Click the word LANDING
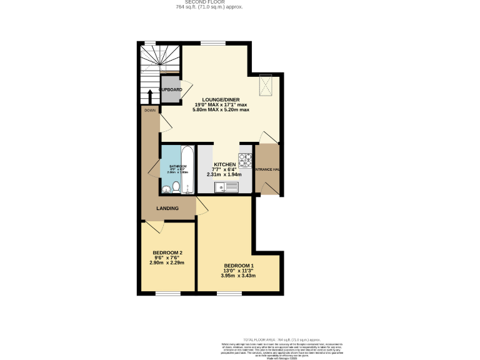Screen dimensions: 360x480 pyautogui.click(x=167, y=208)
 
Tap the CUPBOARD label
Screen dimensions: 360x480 pyautogui.click(x=171, y=90)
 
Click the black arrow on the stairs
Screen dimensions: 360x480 pyautogui.click(x=150, y=97)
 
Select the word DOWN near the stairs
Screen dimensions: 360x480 pyautogui.click(x=150, y=111)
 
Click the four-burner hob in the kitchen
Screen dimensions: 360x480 pyautogui.click(x=245, y=161)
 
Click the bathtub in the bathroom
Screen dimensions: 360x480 pyautogui.click(x=186, y=168)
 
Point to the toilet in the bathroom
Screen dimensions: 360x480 pyautogui.click(x=176, y=186)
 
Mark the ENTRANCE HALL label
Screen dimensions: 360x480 pyautogui.click(x=267, y=169)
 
